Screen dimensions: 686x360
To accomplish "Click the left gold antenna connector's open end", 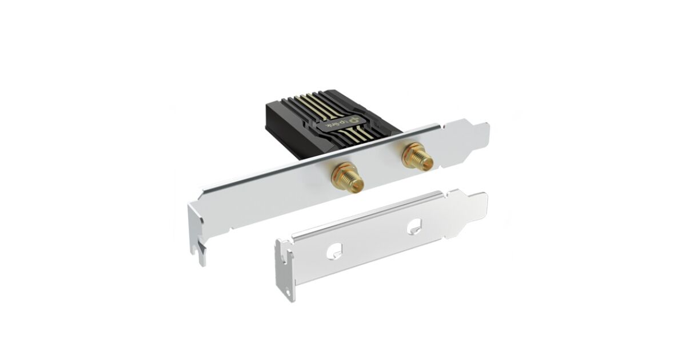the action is point(357,187).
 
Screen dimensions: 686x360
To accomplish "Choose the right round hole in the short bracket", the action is point(414,226).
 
